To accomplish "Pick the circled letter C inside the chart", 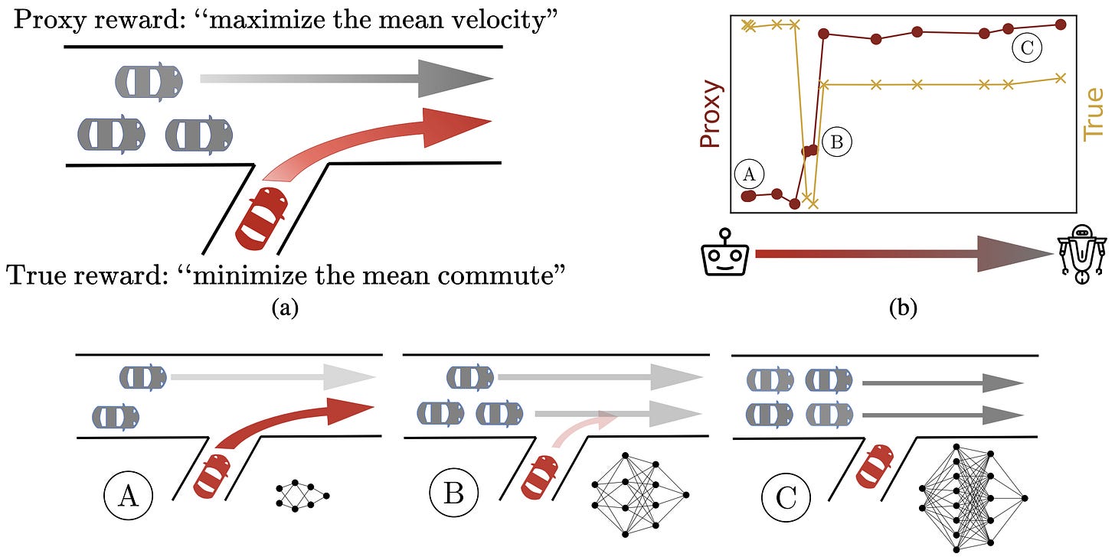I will click(1026, 49).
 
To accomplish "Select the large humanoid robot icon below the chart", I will click(1080, 254).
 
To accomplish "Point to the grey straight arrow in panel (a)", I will click(345, 78).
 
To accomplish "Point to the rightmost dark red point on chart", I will click(1061, 24).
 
